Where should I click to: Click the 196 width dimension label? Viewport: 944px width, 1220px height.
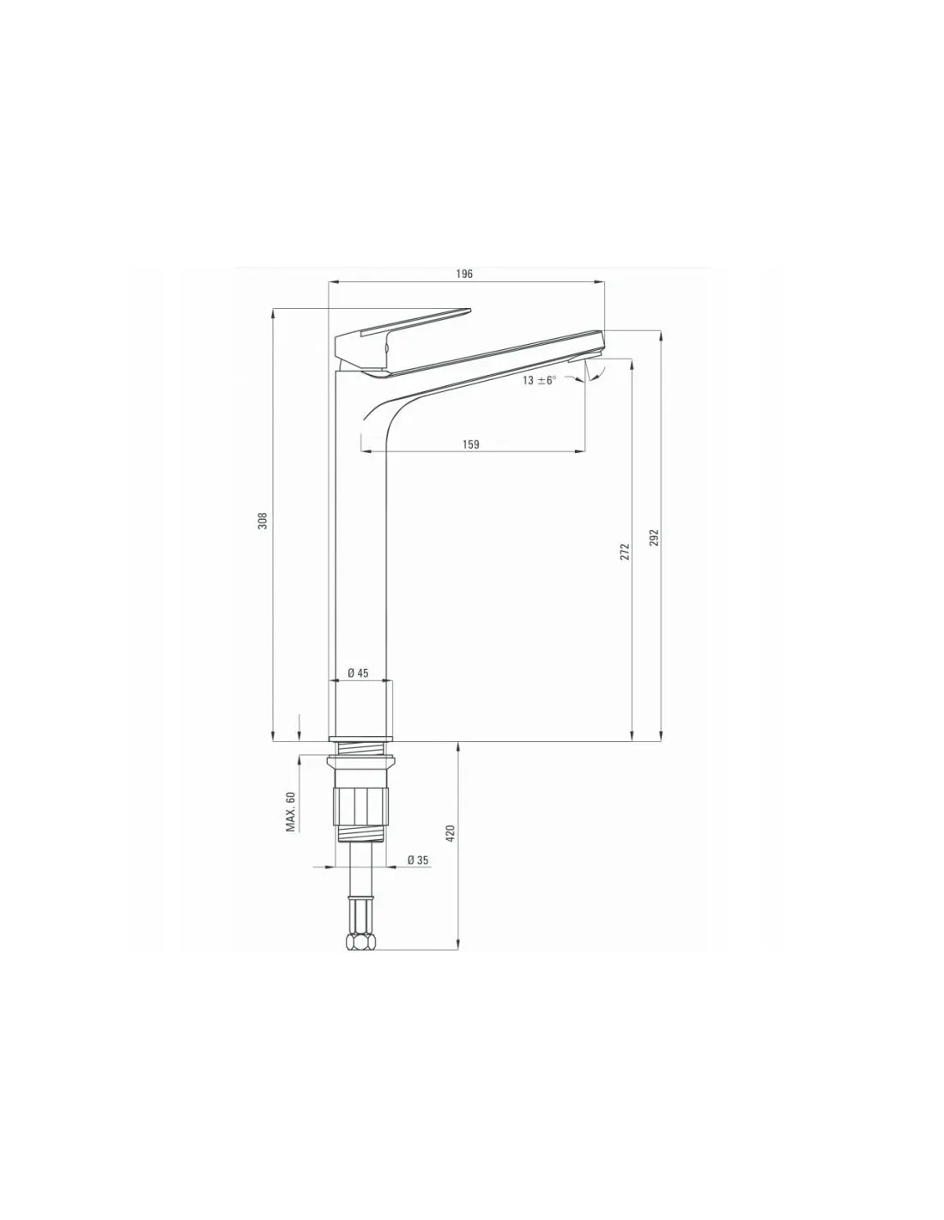coord(464,274)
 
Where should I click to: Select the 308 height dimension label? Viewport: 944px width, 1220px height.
coord(263,520)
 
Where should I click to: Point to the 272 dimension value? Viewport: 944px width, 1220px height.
coord(626,552)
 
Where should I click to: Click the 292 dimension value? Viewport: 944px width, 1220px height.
coord(653,537)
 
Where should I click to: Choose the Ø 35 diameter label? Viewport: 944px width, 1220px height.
coord(418,860)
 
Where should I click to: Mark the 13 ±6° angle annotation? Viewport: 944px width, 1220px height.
coord(539,380)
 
